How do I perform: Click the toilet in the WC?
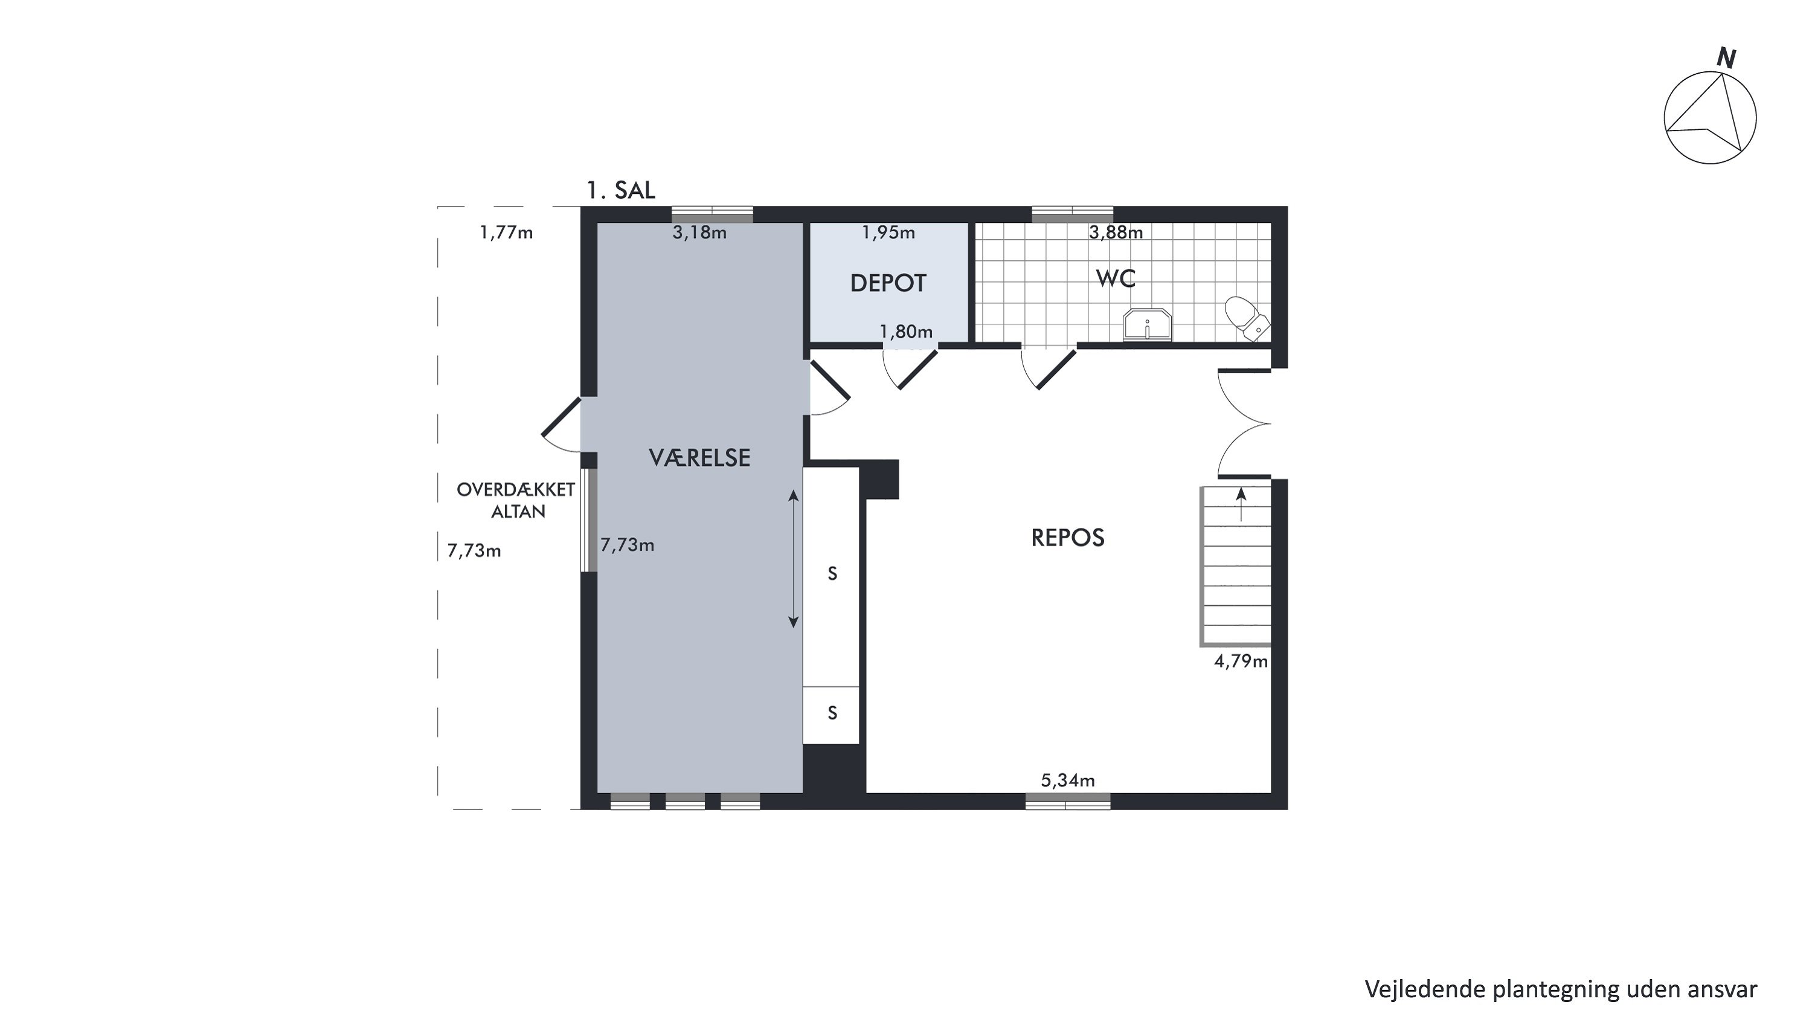pyautogui.click(x=1247, y=318)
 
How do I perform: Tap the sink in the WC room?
pyautogui.click(x=1147, y=324)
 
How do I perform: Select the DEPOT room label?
pyautogui.click(x=888, y=283)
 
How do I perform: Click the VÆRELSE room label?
pyautogui.click(x=699, y=458)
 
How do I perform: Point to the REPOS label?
pyautogui.click(x=1068, y=538)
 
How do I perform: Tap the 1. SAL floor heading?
pyautogui.click(x=621, y=190)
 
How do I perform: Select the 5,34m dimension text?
pyautogui.click(x=1068, y=780)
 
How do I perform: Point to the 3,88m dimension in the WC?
pyautogui.click(x=1116, y=232)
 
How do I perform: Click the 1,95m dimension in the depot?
pyautogui.click(x=888, y=232)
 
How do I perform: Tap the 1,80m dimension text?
pyautogui.click(x=906, y=331)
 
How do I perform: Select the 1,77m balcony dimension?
pyautogui.click(x=507, y=232)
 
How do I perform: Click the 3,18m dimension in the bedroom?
pyautogui.click(x=699, y=232)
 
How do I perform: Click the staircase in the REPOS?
pyautogui.click(x=1236, y=566)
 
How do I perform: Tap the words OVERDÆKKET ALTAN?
pyautogui.click(x=516, y=500)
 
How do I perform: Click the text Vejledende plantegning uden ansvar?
pyautogui.click(x=1561, y=989)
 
